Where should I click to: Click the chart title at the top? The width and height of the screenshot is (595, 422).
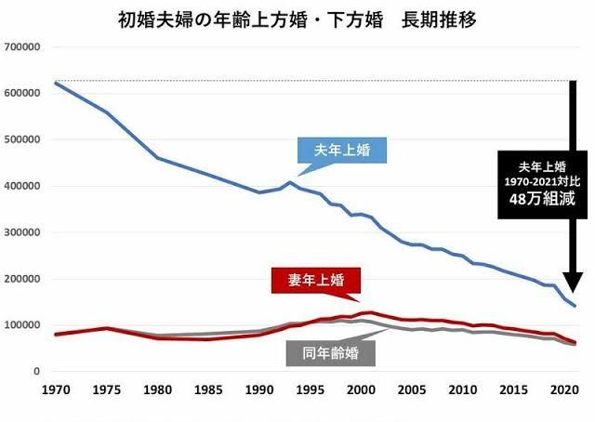click(x=297, y=19)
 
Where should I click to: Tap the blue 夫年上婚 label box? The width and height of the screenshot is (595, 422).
click(x=342, y=150)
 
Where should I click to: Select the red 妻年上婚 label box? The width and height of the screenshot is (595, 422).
click(x=314, y=279)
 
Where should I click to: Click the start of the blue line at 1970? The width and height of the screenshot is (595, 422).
click(x=57, y=84)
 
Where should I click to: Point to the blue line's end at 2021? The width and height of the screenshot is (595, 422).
click(x=574, y=306)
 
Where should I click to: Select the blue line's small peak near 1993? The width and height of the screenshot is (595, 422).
click(x=291, y=182)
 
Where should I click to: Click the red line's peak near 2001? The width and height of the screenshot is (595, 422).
click(x=372, y=312)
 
